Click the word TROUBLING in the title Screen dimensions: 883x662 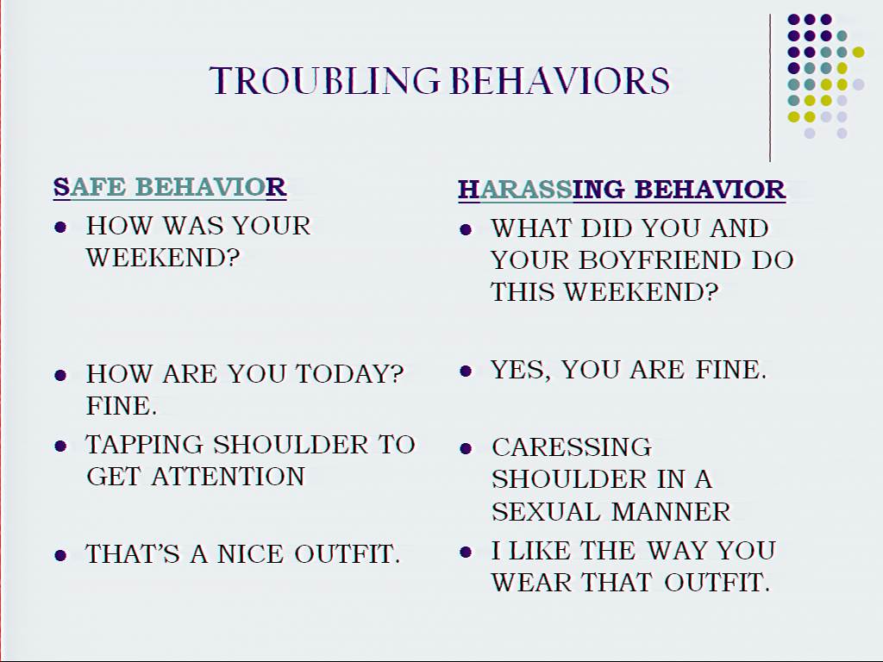point(324,80)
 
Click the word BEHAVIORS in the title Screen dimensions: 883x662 point(560,80)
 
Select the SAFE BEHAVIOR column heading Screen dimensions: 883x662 point(170,187)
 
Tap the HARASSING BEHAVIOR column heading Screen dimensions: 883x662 point(622,190)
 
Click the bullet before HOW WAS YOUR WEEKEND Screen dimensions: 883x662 point(60,228)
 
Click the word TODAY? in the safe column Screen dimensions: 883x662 point(350,374)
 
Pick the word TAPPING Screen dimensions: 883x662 point(144,446)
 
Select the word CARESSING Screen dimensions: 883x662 point(572,447)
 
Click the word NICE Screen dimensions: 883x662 point(250,554)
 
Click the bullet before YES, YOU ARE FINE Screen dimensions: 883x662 point(465,371)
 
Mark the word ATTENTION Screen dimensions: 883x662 point(228,477)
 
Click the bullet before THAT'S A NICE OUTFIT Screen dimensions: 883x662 point(60,556)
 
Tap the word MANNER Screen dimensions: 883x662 point(671,512)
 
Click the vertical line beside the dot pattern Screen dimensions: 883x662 point(770,88)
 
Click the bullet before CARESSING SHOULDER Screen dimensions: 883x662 point(465,448)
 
